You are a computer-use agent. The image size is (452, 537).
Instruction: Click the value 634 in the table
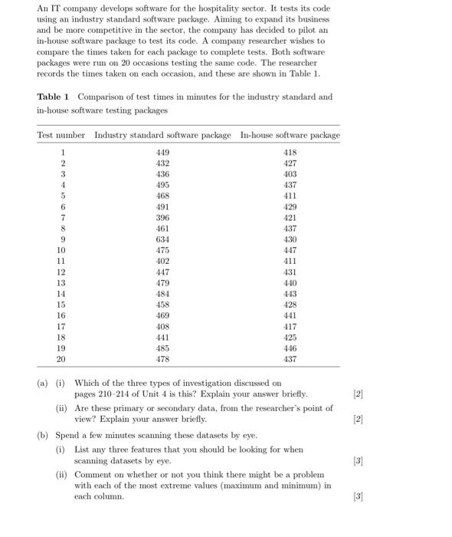[162, 239]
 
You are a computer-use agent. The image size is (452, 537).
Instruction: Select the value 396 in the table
[162, 218]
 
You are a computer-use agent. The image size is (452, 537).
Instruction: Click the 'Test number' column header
[61, 135]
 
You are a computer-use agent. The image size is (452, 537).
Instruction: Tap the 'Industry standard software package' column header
[162, 135]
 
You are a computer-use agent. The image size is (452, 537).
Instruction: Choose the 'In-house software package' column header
[290, 135]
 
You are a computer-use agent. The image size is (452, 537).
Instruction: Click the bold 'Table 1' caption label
[54, 97]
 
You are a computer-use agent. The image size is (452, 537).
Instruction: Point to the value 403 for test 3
[290, 174]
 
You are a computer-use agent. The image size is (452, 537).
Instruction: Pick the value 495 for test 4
[162, 185]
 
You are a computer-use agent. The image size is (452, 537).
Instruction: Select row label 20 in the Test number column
[61, 359]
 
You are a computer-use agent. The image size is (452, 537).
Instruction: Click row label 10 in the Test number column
[61, 250]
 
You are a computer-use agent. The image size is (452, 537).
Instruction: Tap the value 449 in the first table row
[162, 153]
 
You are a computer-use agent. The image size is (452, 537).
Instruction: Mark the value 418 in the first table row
[290, 153]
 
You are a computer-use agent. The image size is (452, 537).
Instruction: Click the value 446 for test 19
[290, 348]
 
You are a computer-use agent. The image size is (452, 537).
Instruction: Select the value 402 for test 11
[162, 261]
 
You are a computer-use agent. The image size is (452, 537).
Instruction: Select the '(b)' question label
[44, 435]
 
